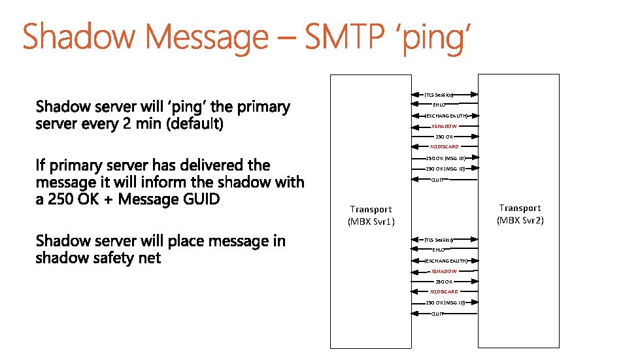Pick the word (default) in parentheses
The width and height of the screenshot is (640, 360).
tap(195, 123)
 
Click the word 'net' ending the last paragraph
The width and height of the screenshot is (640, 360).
tap(149, 258)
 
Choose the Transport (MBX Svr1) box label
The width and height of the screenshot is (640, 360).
tap(370, 215)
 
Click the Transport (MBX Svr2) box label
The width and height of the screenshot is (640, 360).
tap(520, 214)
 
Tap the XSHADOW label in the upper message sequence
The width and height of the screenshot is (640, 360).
tap(445, 126)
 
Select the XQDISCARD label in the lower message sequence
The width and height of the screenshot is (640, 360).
tap(444, 292)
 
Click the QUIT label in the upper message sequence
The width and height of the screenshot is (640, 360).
tap(437, 180)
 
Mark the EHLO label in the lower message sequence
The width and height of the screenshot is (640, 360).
tap(438, 250)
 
